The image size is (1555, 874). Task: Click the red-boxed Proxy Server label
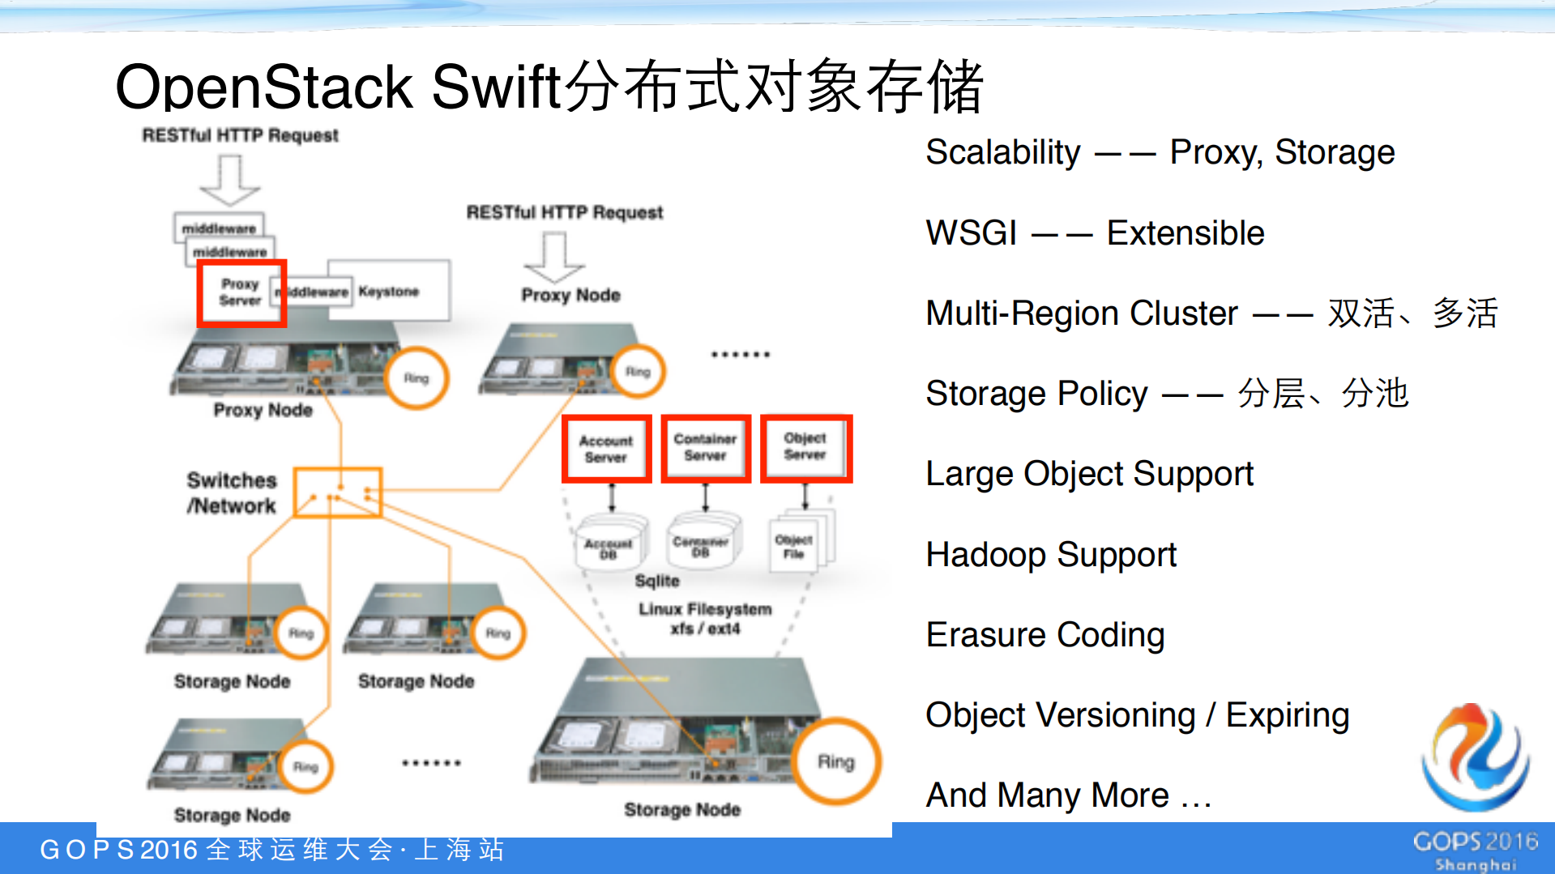[x=241, y=292]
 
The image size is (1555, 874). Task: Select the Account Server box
[x=606, y=449]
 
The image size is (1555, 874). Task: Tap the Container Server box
[x=705, y=448]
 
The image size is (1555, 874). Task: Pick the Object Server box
[x=805, y=447]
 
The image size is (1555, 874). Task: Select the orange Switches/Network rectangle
[x=337, y=492]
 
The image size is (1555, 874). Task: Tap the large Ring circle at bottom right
[x=835, y=761]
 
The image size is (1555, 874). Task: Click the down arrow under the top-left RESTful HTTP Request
[x=230, y=180]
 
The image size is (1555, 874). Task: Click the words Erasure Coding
[x=1044, y=635]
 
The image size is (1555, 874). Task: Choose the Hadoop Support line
[x=1050, y=555]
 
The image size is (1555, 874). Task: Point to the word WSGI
[x=971, y=233]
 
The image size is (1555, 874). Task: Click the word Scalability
[x=1002, y=152]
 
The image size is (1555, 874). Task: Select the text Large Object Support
[x=1089, y=474]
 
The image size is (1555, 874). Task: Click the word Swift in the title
[x=496, y=87]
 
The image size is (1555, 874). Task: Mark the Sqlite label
[x=657, y=581]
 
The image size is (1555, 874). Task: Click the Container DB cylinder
[x=702, y=545]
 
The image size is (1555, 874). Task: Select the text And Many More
[x=1068, y=795]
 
